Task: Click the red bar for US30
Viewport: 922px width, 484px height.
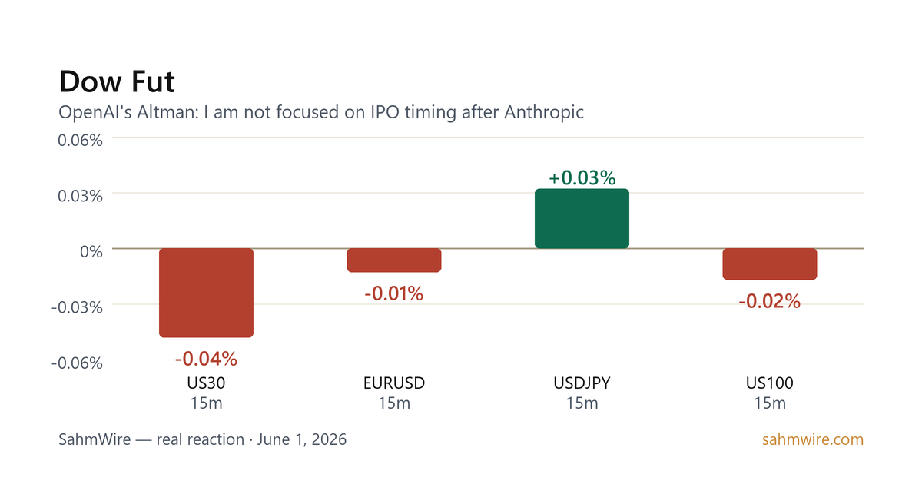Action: [x=206, y=293]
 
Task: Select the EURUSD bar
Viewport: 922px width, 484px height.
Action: [x=394, y=260]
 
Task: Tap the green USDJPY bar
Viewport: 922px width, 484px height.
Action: [x=582, y=218]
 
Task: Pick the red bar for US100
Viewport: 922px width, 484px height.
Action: [x=770, y=264]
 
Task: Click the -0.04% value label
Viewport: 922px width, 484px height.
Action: [x=206, y=359]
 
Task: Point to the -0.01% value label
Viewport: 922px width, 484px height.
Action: [x=394, y=293]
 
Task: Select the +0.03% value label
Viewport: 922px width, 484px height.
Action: [x=582, y=177]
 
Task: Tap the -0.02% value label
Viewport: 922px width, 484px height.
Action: [x=770, y=301]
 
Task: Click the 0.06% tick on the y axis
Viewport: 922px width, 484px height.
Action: [x=80, y=141]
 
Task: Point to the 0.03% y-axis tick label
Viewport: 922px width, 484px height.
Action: [x=80, y=196]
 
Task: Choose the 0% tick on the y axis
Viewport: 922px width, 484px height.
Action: [x=91, y=251]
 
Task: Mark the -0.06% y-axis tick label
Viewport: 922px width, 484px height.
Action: [x=77, y=363]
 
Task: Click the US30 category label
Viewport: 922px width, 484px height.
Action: [x=206, y=383]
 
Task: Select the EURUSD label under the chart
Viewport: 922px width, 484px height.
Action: [x=394, y=383]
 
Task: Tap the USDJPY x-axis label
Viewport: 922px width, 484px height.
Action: [x=582, y=383]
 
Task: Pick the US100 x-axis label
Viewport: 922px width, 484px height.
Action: [x=770, y=383]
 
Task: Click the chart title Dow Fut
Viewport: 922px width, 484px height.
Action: [x=117, y=81]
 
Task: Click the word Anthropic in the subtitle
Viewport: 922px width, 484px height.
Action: [x=544, y=112]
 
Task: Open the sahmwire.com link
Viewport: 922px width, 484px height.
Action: [x=813, y=439]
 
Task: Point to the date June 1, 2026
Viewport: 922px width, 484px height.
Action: [x=302, y=439]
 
